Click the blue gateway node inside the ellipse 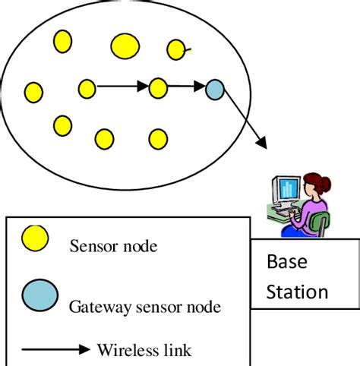coord(215,90)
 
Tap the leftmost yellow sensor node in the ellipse coord(33,92)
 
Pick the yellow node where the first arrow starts coord(87,89)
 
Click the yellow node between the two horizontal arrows coord(158,88)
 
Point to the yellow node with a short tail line coord(175,50)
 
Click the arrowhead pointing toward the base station coord(261,141)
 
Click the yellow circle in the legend coord(35,238)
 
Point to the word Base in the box coord(287,262)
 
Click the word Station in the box coord(297,292)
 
